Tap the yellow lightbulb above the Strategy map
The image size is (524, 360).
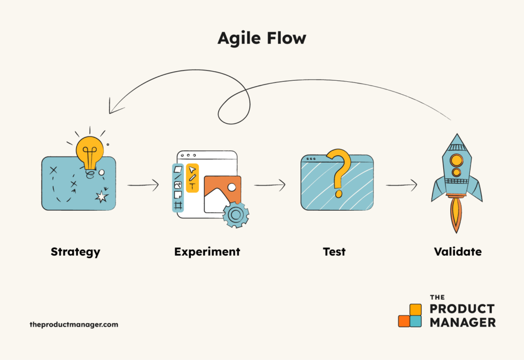90,149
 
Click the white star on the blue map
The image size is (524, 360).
102,196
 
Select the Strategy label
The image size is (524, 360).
75,252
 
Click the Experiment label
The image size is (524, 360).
207,252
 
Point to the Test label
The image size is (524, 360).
334,252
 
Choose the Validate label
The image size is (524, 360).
457,252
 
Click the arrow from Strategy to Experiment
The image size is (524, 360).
143,185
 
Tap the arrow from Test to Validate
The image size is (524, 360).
401,185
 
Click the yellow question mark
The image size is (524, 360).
338,171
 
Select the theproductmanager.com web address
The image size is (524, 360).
74,324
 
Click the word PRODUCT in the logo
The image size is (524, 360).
462,309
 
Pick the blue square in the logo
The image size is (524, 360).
416,321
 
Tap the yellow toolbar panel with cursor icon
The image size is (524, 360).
192,178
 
